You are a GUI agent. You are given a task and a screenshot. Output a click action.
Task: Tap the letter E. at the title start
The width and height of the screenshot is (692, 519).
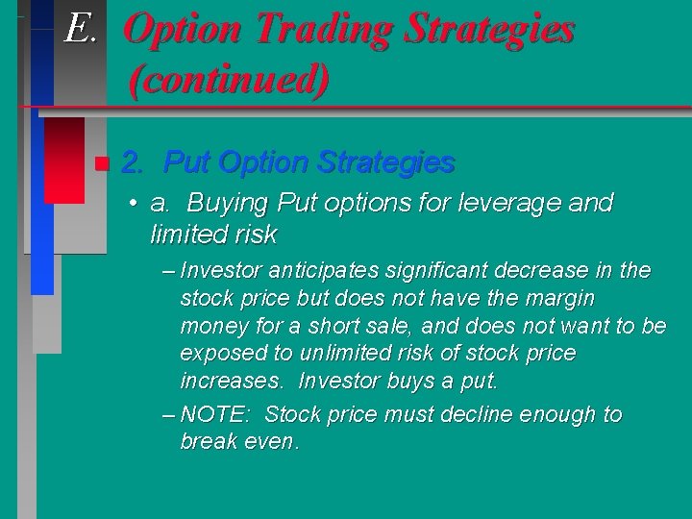pyautogui.click(x=81, y=29)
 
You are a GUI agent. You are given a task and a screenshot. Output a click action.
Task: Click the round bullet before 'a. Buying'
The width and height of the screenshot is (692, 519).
pyautogui.click(x=138, y=204)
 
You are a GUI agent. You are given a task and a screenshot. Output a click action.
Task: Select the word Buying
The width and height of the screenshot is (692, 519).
pyautogui.click(x=228, y=204)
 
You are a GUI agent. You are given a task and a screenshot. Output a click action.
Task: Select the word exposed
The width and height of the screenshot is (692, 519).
pyautogui.click(x=219, y=354)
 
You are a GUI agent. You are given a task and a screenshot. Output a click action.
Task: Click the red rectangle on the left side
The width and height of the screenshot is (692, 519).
pyautogui.click(x=63, y=159)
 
